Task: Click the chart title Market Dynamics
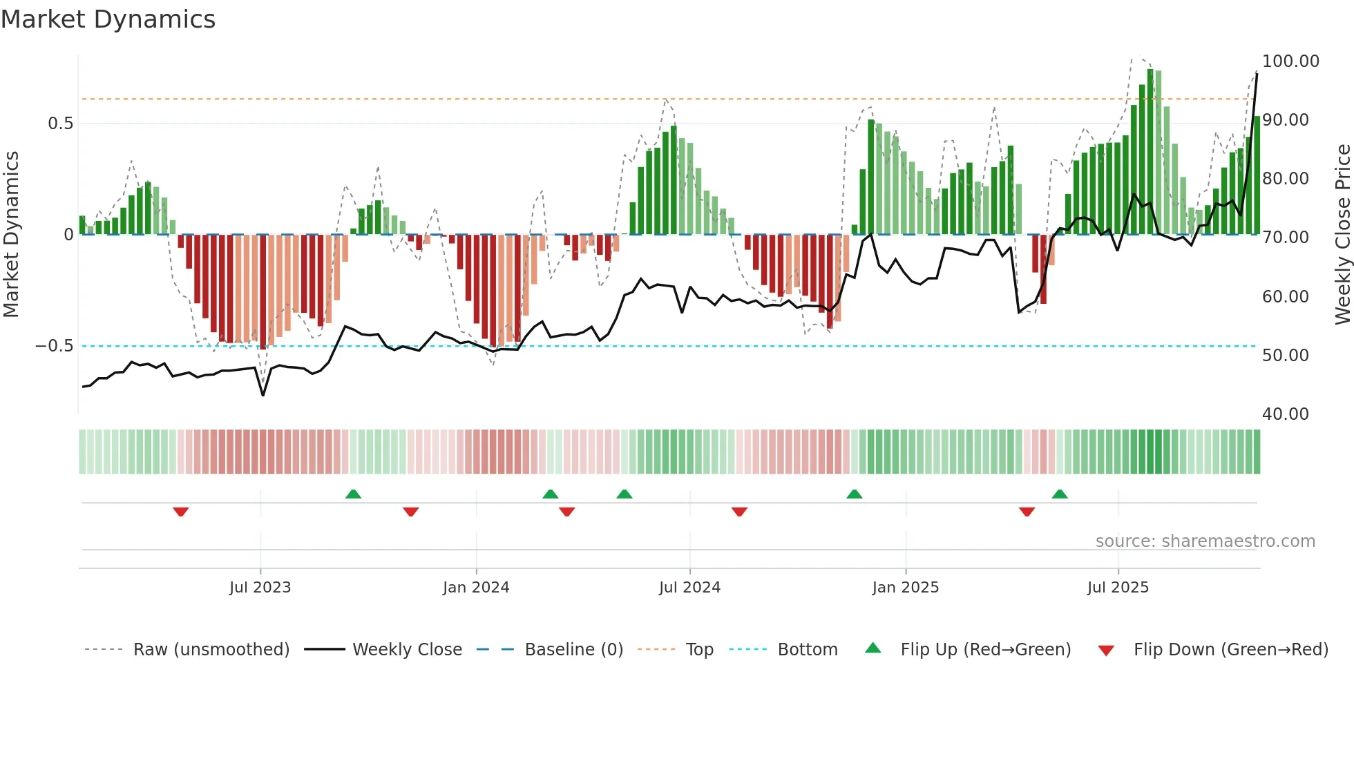point(108,19)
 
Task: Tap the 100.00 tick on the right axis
point(1290,61)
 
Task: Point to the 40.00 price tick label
point(1285,414)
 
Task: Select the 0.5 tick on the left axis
point(60,124)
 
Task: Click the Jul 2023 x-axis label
point(260,588)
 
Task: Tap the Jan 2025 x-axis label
point(905,588)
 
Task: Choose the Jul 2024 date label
point(689,588)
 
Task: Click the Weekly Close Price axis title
point(1342,234)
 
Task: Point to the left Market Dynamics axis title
point(11,234)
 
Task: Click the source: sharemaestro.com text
point(1205,541)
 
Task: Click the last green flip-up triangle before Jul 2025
point(1060,494)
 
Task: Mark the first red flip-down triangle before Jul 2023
point(181,512)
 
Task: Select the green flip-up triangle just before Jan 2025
point(854,494)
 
